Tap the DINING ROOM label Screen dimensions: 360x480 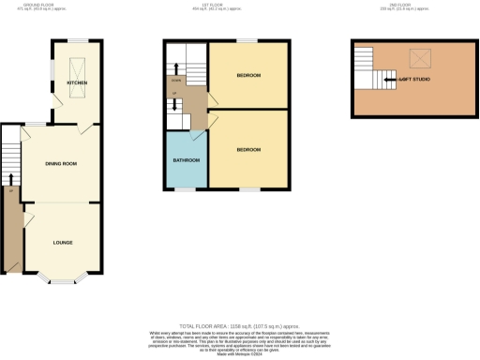tap(61, 164)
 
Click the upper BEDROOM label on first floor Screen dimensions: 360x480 tap(248, 75)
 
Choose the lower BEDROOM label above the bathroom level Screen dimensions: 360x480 tap(248, 150)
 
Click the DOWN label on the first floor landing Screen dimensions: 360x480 tap(175, 80)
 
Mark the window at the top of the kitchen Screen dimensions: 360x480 tap(69, 40)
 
